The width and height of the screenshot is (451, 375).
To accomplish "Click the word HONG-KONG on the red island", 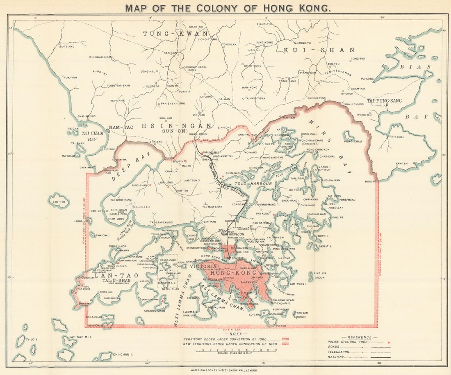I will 233,273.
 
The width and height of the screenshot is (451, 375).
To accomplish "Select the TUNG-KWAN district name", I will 175,34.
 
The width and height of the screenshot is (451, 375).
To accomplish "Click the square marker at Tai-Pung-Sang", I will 387,105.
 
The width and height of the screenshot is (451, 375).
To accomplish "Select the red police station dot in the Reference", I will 388,341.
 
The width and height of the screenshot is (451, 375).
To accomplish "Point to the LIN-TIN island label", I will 58,201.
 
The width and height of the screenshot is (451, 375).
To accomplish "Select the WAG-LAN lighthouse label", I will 302,313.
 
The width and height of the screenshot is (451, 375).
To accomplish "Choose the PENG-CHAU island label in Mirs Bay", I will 353,141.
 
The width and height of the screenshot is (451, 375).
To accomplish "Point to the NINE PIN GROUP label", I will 319,275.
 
